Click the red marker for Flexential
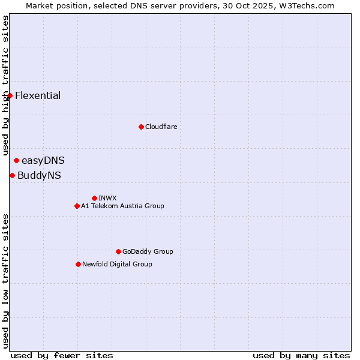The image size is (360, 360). (x=10, y=95)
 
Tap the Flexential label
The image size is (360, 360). (x=38, y=96)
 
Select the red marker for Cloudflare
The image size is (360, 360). (x=141, y=127)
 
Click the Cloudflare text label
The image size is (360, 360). (x=161, y=127)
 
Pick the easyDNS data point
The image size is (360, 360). (x=16, y=160)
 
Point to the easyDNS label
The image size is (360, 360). (x=43, y=161)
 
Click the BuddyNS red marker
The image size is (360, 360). (x=12, y=175)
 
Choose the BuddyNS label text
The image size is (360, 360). (x=39, y=176)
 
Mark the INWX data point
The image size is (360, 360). (x=94, y=198)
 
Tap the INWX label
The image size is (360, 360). (x=107, y=199)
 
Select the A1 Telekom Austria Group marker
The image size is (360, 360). (x=77, y=206)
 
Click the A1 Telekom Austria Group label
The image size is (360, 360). (x=122, y=206)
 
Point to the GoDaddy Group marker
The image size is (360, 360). (x=118, y=251)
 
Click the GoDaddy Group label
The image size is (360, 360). (x=148, y=252)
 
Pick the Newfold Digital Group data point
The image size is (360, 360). (x=78, y=264)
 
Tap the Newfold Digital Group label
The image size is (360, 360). (x=117, y=265)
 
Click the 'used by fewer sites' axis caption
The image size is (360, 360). (x=62, y=355)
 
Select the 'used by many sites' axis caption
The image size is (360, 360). (x=301, y=355)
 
